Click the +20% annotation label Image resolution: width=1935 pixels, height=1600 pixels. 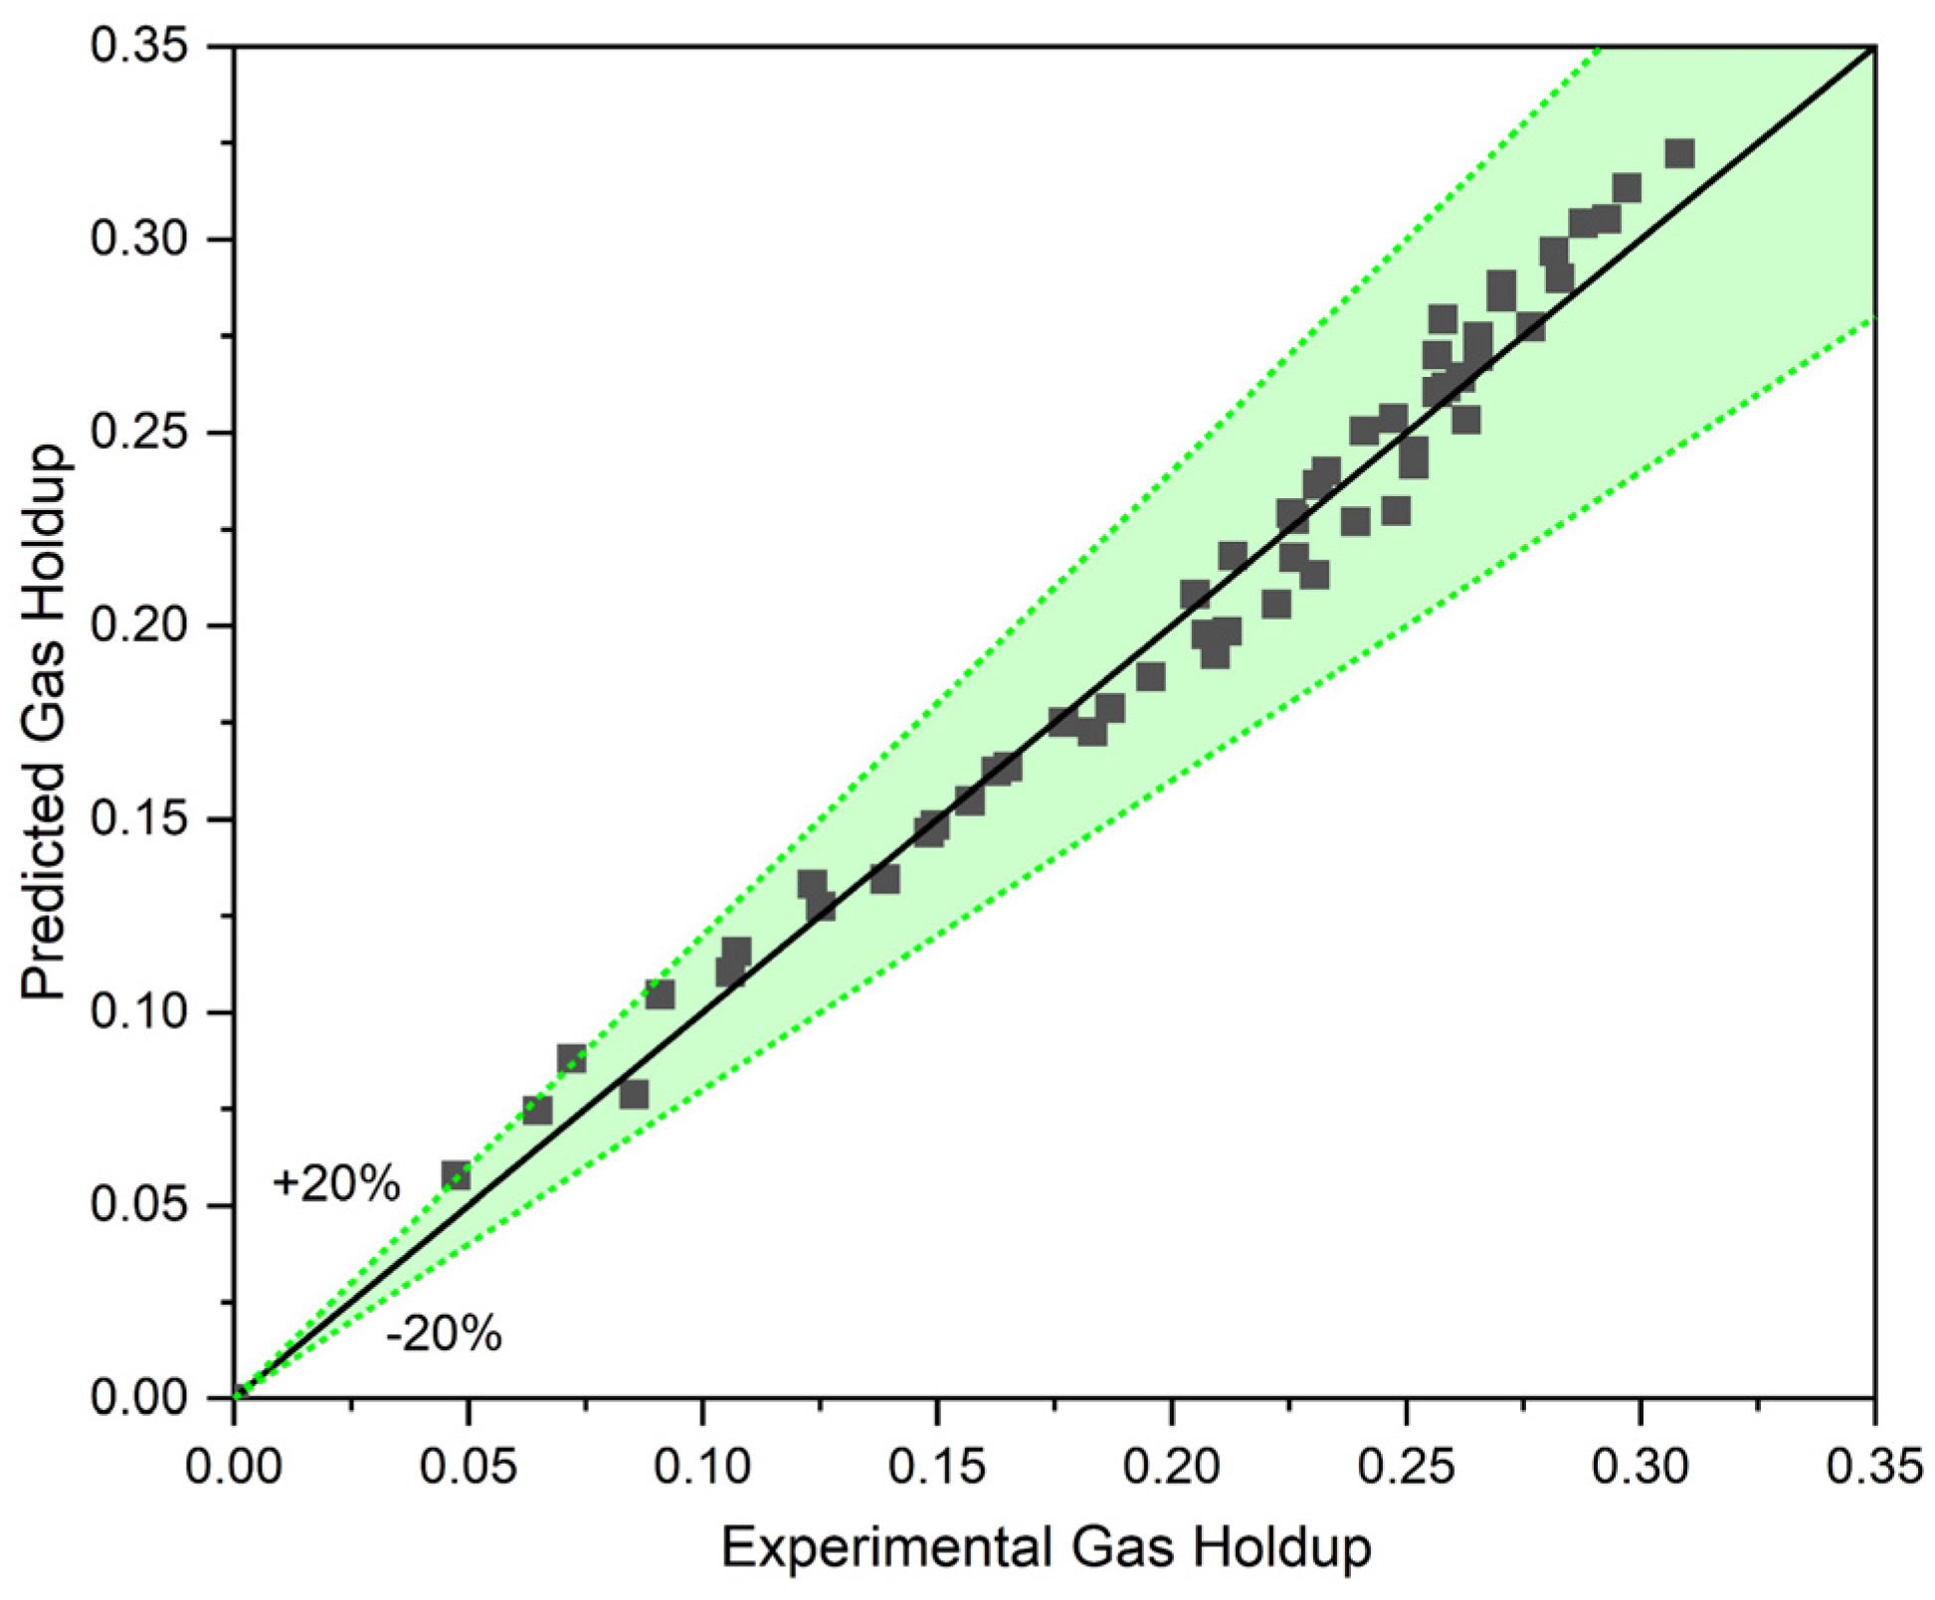[x=335, y=1183]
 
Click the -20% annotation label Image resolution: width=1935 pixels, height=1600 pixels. [x=444, y=1333]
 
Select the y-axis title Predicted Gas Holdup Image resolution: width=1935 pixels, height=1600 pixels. [x=46, y=721]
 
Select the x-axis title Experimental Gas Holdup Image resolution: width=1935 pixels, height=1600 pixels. [x=1046, y=1548]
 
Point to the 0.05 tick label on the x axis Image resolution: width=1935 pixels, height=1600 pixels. [x=468, y=1468]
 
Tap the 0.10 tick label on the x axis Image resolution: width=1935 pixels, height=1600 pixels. [x=702, y=1468]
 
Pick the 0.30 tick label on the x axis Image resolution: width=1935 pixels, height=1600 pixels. [x=1640, y=1468]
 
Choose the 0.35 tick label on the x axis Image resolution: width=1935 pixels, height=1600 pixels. [x=1874, y=1468]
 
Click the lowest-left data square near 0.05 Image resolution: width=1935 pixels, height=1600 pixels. [x=456, y=1175]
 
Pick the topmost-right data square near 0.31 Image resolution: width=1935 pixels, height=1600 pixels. [x=1679, y=153]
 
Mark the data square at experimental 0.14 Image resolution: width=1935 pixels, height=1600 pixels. [x=884, y=878]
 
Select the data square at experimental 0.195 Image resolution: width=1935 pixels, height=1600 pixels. [x=1150, y=677]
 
